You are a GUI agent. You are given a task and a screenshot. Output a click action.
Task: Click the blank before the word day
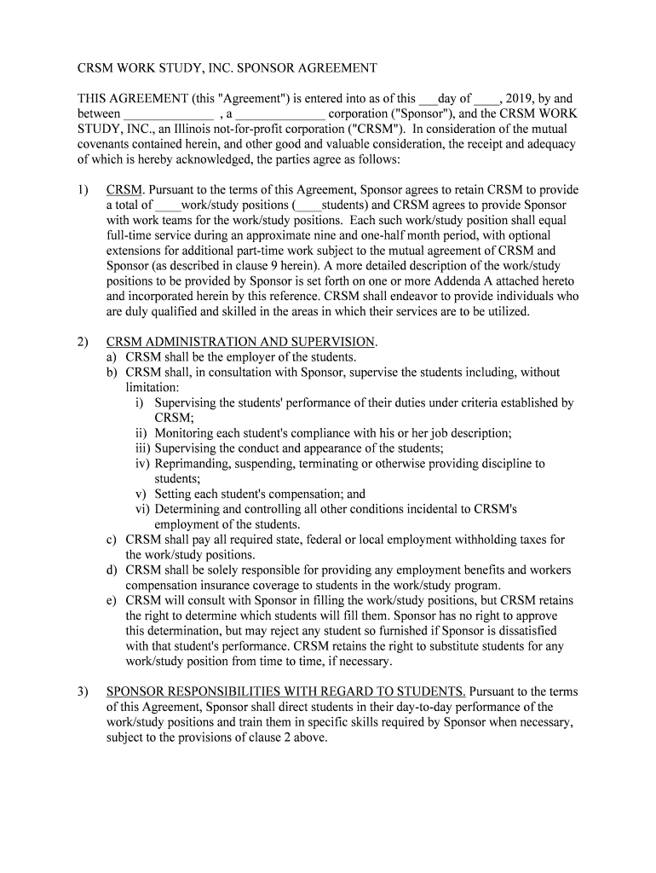pyautogui.click(x=428, y=99)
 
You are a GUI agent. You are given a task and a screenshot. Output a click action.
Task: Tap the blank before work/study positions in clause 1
pyautogui.click(x=168, y=205)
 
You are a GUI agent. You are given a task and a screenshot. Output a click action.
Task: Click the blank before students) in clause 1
pyautogui.click(x=307, y=205)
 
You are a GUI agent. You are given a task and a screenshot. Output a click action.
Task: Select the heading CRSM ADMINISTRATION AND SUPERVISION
pyautogui.click(x=240, y=342)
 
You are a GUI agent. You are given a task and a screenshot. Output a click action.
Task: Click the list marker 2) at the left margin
pyautogui.click(x=83, y=342)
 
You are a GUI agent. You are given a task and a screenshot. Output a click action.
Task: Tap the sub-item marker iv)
pyautogui.click(x=142, y=464)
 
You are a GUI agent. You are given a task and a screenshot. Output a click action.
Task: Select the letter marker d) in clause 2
pyautogui.click(x=112, y=570)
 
